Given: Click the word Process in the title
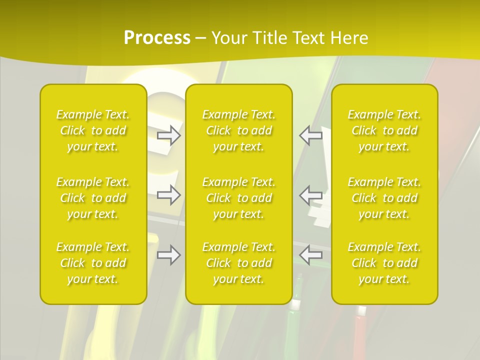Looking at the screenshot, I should (x=157, y=38).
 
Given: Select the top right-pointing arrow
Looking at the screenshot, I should (x=169, y=135).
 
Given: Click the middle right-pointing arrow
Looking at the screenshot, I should (x=169, y=195).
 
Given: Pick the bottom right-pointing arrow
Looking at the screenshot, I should (x=169, y=255).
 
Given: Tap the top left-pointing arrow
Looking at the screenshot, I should (x=311, y=135).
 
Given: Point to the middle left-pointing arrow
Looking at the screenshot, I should (x=311, y=195).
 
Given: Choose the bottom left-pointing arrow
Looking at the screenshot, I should (x=311, y=255).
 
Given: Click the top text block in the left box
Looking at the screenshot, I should (x=93, y=130).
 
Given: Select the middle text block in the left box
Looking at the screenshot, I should (x=93, y=198).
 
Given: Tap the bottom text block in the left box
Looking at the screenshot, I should (x=93, y=263).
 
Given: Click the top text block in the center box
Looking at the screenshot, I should (x=239, y=130).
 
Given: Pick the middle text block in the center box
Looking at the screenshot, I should (x=239, y=198).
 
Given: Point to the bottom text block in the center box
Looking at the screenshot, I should (x=239, y=263).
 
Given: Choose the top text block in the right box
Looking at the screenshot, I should (x=384, y=130).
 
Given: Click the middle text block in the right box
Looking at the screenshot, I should (x=384, y=198).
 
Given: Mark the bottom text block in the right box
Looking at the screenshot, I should (x=384, y=263).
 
